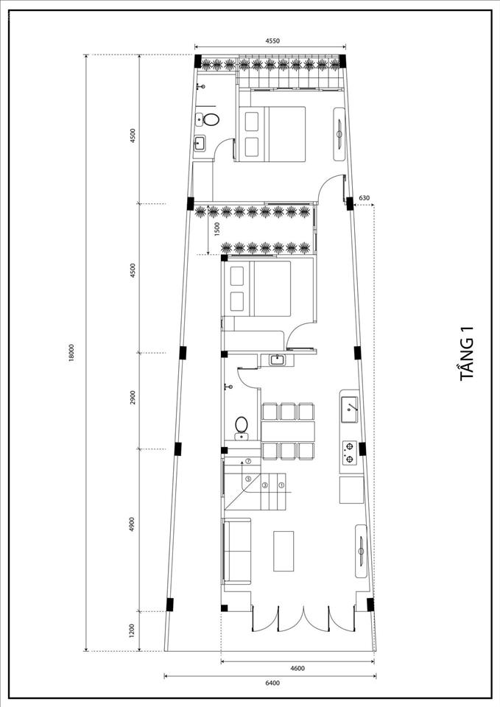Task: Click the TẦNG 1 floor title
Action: pos(467,353)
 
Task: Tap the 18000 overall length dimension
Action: pos(71,354)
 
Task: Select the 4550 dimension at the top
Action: pos(272,41)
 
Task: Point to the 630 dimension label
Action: pos(365,197)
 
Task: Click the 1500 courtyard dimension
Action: pos(216,229)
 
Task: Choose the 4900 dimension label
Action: pos(132,524)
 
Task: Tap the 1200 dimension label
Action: pos(132,631)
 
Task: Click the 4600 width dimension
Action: pos(297,668)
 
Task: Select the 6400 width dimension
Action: pos(272,683)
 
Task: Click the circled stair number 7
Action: pos(248,461)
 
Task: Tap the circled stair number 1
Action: pos(281,485)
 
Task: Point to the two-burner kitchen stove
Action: pos(349,453)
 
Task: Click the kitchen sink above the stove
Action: pos(350,409)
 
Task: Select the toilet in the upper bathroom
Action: pos(211,119)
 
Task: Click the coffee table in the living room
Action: pos(284,551)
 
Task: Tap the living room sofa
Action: pos(236,551)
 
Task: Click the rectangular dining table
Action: pos(288,432)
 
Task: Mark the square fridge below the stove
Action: pos(352,490)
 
